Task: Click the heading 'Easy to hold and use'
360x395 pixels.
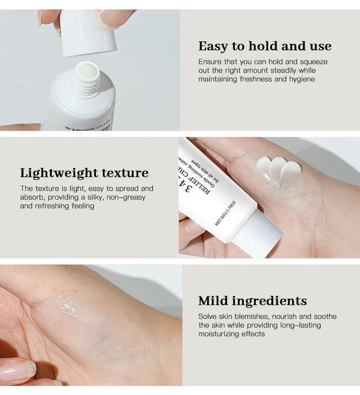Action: click(x=265, y=46)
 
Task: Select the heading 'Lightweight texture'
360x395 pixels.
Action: click(x=84, y=173)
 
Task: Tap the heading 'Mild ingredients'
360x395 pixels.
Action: click(x=252, y=301)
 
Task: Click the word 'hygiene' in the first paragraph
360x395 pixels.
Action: click(x=301, y=79)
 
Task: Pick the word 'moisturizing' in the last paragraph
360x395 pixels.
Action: click(x=220, y=334)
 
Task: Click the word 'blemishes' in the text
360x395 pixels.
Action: click(x=253, y=317)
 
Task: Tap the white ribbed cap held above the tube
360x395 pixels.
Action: click(x=88, y=32)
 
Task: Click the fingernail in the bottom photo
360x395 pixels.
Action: click(x=17, y=369)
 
